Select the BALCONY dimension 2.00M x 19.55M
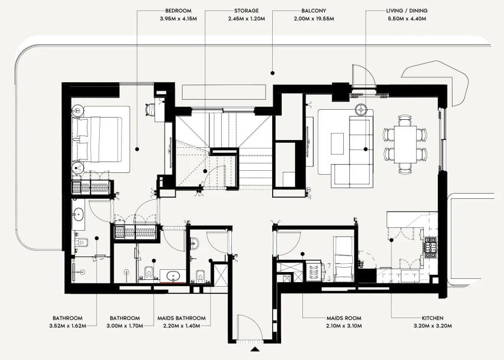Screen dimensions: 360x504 click(314, 18)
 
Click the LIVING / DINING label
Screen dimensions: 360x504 click(407, 11)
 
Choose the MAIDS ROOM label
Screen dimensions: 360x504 click(343, 317)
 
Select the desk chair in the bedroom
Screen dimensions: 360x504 click(150, 110)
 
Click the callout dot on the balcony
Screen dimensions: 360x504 click(272, 72)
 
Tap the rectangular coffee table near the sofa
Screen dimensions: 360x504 click(338, 143)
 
